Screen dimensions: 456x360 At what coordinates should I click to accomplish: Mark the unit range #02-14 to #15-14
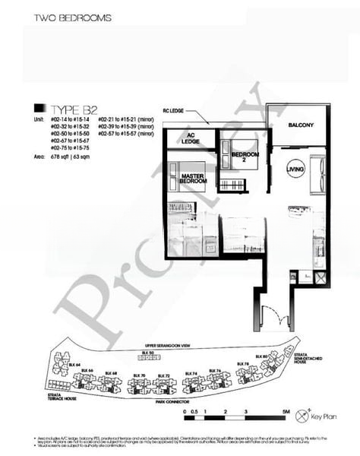69,120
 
